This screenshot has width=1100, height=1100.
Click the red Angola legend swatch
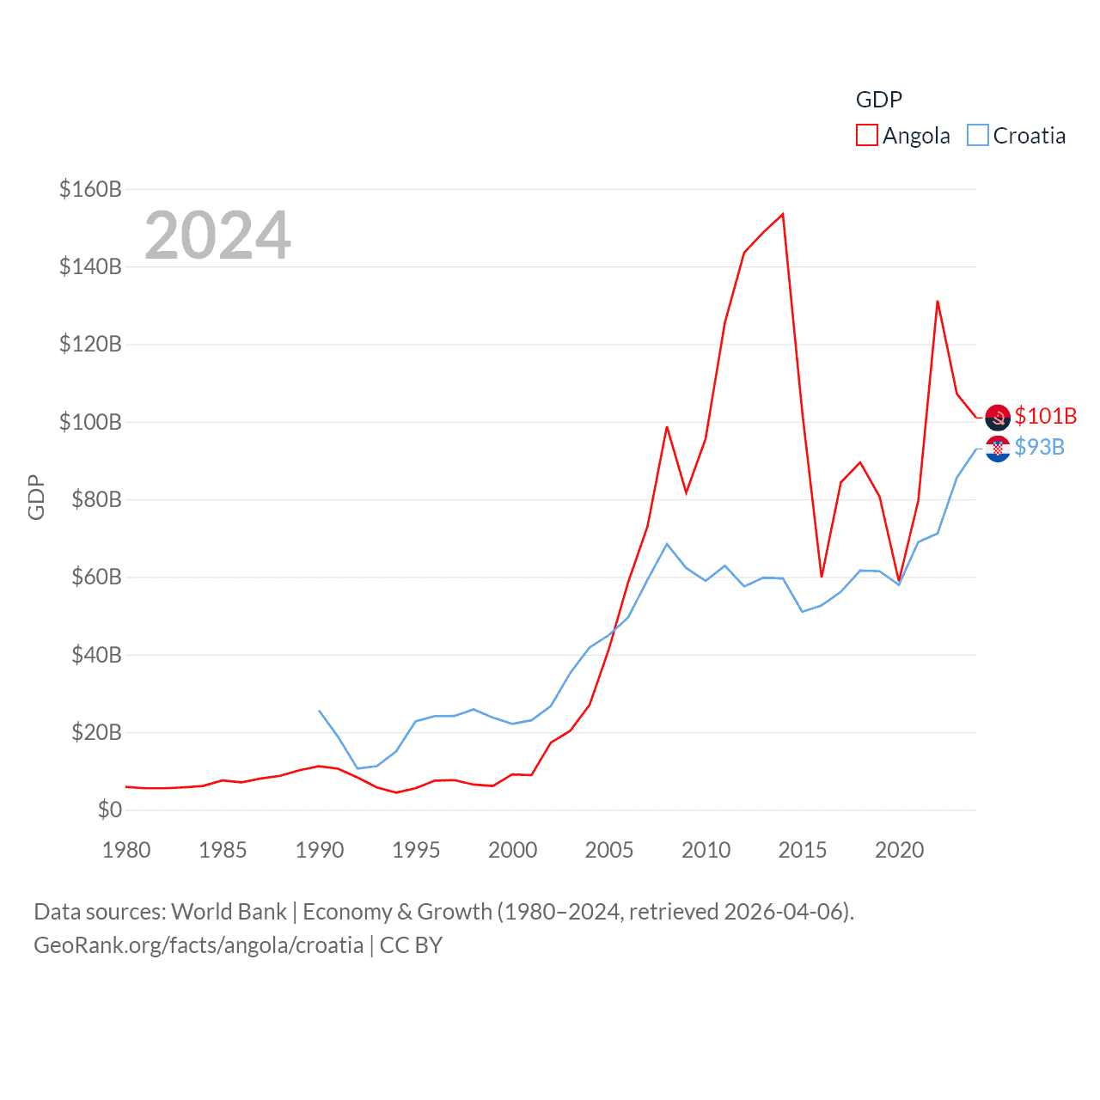(x=866, y=136)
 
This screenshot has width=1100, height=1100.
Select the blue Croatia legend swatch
(x=977, y=136)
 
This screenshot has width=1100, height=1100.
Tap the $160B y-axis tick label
(x=90, y=189)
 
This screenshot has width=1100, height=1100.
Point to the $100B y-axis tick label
(x=90, y=422)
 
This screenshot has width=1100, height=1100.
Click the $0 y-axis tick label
(x=109, y=810)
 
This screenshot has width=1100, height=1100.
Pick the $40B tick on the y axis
(x=95, y=655)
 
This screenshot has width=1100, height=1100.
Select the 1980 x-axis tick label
(x=126, y=850)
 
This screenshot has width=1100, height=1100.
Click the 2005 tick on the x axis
(x=609, y=850)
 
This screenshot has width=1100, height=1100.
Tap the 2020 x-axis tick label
(x=899, y=850)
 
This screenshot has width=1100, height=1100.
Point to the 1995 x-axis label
(x=416, y=850)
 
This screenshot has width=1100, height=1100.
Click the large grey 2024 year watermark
(x=217, y=235)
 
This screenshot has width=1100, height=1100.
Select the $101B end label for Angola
(x=1045, y=416)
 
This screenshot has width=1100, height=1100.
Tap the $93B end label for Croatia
(x=1039, y=447)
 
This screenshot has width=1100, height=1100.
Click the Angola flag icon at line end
(x=998, y=418)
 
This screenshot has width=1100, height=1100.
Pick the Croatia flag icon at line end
(x=998, y=449)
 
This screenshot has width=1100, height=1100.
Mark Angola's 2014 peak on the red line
(x=783, y=214)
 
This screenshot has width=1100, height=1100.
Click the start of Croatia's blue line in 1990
(x=320, y=711)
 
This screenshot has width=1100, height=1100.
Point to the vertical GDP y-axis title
(x=36, y=498)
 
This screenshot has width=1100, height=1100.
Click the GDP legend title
(x=878, y=100)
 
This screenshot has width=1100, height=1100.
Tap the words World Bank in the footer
(x=229, y=911)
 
